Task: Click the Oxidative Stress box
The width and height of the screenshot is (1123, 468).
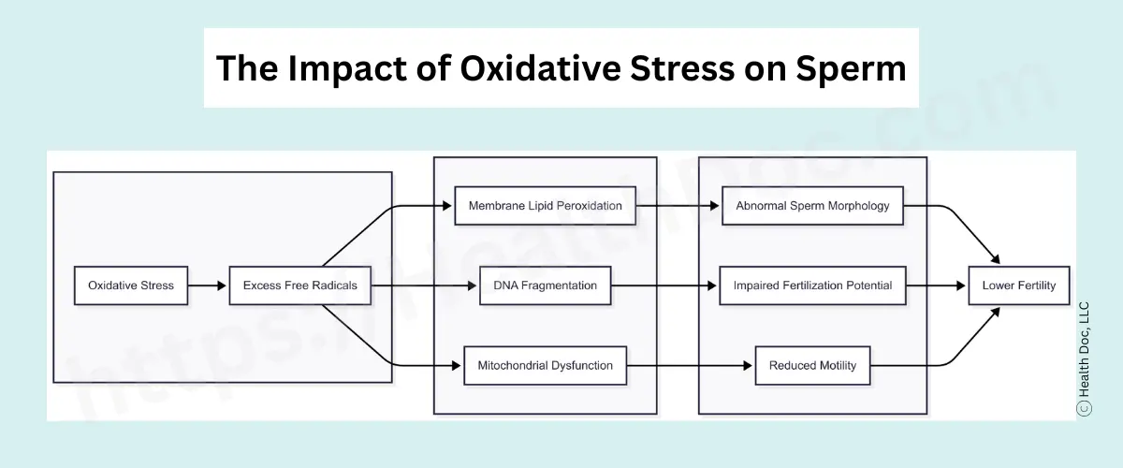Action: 131,285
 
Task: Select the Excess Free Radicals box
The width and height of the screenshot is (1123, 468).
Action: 300,285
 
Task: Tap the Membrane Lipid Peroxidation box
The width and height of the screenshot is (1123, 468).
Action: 545,206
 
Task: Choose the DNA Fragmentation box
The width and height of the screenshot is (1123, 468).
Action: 545,285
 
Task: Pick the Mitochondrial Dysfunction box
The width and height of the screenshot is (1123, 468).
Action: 545,365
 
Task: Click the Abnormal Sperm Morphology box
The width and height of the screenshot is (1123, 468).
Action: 812,206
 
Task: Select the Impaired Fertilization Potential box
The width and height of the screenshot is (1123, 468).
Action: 812,285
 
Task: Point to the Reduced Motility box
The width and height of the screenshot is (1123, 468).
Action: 812,365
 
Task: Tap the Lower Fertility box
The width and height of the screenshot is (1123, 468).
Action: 1018,285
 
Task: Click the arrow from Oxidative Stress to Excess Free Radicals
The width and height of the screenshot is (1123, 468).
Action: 208,285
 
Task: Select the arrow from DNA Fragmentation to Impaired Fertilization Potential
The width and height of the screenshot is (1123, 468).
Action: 664,285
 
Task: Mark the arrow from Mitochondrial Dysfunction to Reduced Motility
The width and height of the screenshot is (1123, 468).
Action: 691,365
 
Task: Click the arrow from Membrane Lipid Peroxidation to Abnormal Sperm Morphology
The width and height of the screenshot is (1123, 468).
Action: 678,206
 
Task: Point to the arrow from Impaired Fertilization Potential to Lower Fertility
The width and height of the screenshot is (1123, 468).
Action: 937,285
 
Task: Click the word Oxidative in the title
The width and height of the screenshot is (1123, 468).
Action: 539,68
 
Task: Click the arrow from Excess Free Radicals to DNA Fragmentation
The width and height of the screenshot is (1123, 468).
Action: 426,285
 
